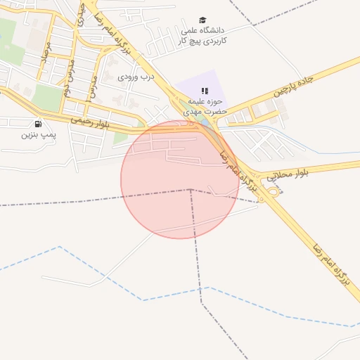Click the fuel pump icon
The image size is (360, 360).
click(x=37, y=124)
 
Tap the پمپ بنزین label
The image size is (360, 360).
click(x=37, y=134)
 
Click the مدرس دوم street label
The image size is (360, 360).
click(x=70, y=77)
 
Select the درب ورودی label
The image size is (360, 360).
click(x=135, y=75)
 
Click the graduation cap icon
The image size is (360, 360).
click(x=202, y=20)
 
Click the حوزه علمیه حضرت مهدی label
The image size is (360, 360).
click(x=204, y=106)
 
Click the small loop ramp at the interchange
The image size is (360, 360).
click(x=274, y=191)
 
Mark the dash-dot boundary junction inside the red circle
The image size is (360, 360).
click(x=190, y=189)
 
